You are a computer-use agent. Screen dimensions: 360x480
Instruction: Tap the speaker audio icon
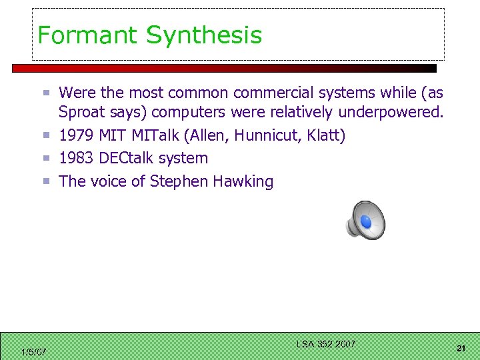point(365,220)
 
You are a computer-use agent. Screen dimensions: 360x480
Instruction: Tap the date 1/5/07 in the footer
point(33,351)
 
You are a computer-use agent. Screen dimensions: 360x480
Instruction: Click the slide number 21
point(461,348)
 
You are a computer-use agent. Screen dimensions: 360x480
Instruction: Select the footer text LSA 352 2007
point(326,344)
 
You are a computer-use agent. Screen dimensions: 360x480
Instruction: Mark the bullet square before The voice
point(47,181)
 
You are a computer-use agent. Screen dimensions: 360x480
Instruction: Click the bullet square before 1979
point(47,136)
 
